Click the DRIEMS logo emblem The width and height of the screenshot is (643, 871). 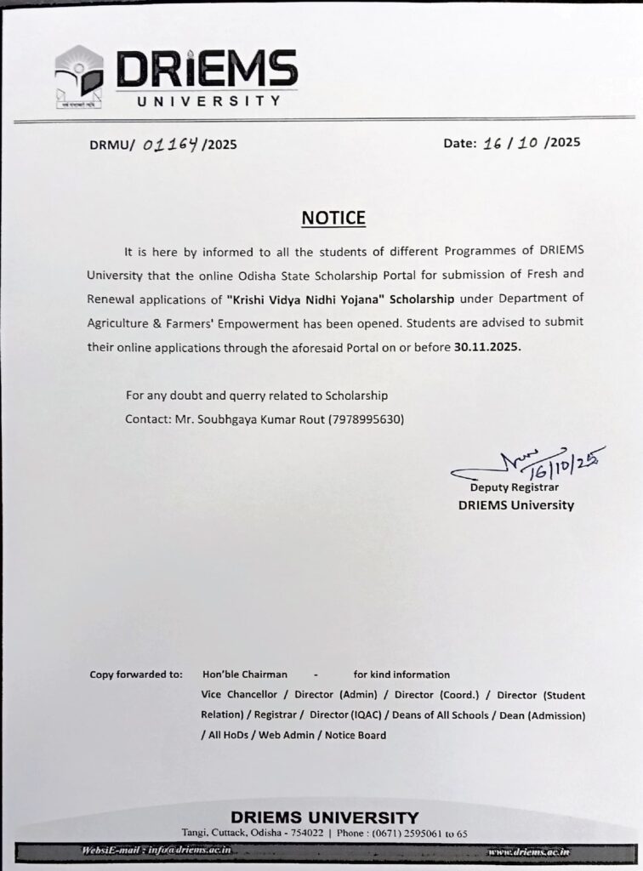[79, 79]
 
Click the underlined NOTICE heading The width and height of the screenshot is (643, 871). [333, 218]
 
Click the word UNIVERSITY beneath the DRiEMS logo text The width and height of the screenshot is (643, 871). [209, 100]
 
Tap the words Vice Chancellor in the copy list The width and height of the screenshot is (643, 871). [239, 695]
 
